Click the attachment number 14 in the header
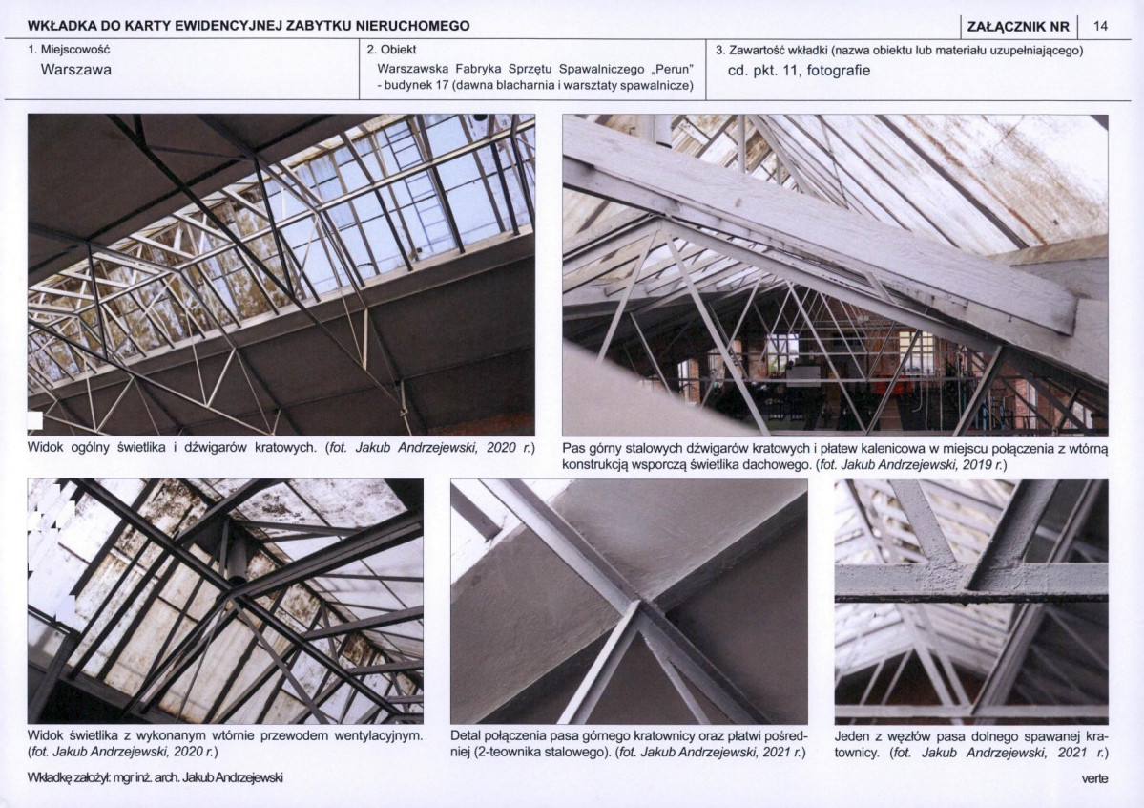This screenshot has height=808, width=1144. pos(1100,27)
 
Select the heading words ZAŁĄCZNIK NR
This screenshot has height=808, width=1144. pos(1018,27)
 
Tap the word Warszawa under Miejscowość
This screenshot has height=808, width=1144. pos(76,70)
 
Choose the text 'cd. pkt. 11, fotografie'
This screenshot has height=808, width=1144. pos(799,71)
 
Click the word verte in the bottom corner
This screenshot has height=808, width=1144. pos(1094,778)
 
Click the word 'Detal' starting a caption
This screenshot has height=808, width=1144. pos(465,735)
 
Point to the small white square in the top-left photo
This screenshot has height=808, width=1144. pos(34,420)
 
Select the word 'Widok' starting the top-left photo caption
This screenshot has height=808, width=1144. pos(45,447)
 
